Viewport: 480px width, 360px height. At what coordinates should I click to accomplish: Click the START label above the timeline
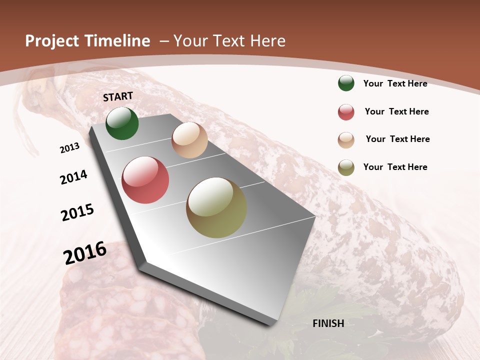[x=118, y=96]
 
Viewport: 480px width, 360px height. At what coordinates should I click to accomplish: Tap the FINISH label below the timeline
[x=328, y=323]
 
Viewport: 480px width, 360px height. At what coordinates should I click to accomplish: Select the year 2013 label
[x=69, y=147]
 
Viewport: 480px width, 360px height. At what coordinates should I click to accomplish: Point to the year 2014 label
[x=73, y=177]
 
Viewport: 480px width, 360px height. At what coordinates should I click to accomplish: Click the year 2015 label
[x=77, y=212]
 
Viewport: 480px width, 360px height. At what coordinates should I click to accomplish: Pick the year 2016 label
[x=85, y=253]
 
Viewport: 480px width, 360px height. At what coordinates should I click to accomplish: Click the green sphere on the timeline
[x=122, y=123]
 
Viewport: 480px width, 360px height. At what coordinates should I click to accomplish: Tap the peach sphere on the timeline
[x=189, y=140]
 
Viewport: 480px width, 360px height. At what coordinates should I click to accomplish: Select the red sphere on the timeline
[x=145, y=180]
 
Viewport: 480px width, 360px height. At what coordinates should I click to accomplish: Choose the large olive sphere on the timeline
[x=216, y=207]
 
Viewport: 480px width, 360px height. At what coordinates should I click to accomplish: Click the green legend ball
[x=346, y=83]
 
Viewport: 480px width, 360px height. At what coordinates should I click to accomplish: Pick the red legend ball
[x=346, y=112]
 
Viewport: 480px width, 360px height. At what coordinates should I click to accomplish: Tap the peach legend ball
[x=346, y=140]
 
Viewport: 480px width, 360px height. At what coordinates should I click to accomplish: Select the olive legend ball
[x=346, y=167]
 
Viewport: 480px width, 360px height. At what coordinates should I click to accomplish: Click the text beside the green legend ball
[x=395, y=83]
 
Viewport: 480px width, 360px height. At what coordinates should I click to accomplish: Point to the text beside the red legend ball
[x=396, y=111]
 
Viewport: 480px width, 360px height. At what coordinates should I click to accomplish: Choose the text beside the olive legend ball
[x=395, y=167]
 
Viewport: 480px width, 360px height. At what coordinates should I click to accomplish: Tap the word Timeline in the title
[x=117, y=41]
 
